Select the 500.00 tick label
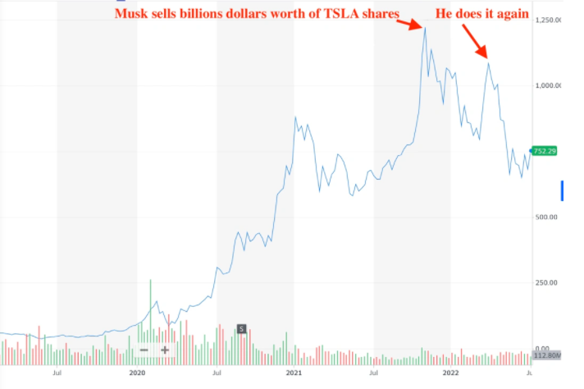548,217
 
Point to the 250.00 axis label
548,282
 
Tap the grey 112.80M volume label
545,355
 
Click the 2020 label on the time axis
137,372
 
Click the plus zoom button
165,350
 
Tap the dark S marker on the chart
241,329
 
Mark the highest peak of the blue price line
425,28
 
